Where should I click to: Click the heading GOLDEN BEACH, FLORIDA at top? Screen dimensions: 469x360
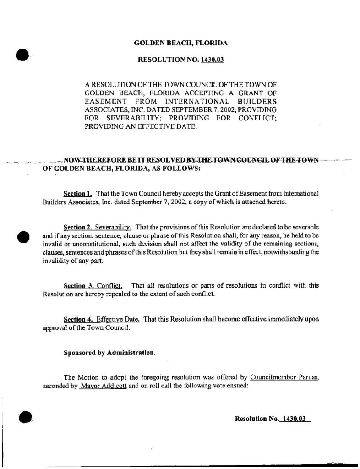[180, 43]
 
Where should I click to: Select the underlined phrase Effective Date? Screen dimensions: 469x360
[120, 319]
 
